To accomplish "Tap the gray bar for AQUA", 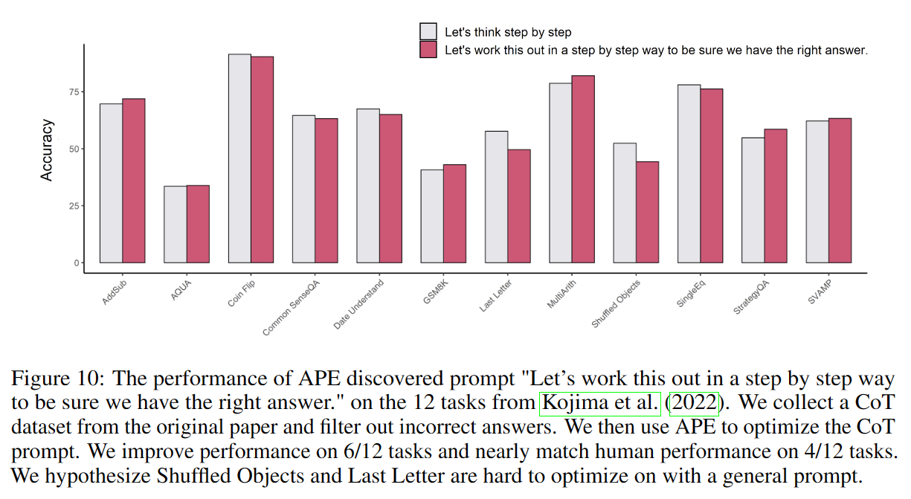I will coord(176,224).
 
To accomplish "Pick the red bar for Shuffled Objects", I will coord(647,212).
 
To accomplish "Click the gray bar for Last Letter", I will coord(496,197).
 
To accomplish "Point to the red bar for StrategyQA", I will coord(775,196).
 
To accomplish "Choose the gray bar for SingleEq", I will coord(689,174).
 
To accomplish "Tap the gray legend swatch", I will coord(428,31).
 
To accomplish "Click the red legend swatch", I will coord(428,50).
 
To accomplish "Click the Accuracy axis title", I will coord(48,150).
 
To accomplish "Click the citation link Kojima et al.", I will coord(600,404).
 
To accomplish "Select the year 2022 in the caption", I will coord(695,404).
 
